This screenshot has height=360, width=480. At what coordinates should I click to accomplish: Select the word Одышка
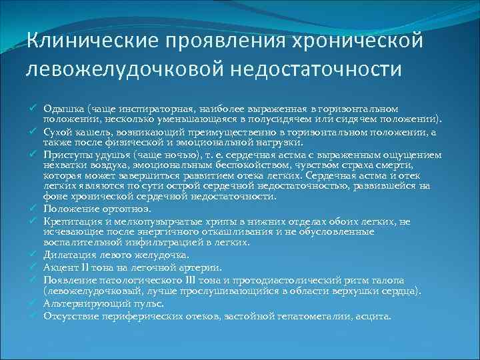click(x=61, y=109)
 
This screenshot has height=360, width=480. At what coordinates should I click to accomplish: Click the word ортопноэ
click(x=119, y=209)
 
